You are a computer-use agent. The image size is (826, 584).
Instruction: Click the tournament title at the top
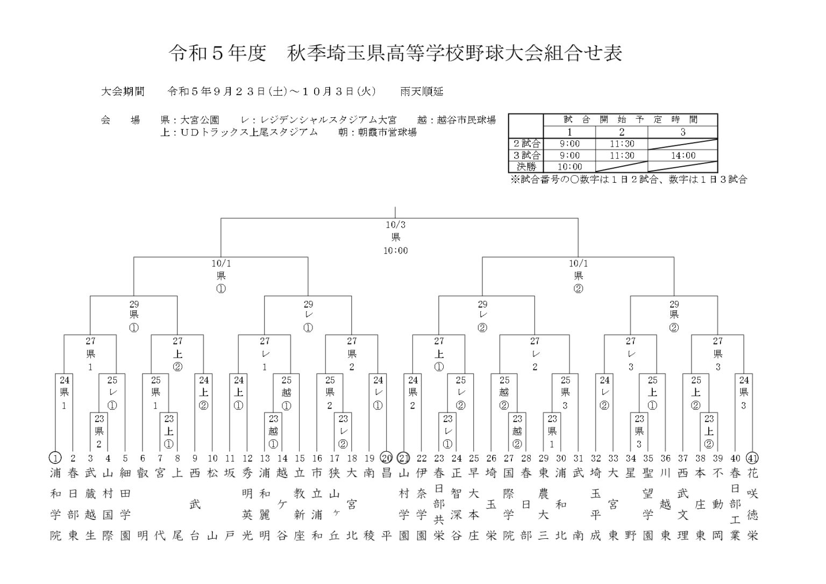pos(395,53)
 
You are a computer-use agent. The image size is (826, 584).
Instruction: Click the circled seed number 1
pos(55,458)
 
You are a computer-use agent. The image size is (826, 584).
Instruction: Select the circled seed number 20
pos(387,458)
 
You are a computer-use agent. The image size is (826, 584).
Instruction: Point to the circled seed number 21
pos(404,458)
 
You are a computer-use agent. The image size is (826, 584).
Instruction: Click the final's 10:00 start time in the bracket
pos(395,250)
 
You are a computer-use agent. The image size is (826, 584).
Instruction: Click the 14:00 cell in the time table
pos(682,155)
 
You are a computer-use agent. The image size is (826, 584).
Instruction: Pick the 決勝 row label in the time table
pos(525,167)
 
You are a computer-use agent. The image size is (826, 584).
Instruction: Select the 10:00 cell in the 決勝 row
pos(569,167)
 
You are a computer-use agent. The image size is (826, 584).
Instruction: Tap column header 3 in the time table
pos(682,132)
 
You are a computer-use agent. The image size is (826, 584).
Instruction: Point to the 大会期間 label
pos(123,91)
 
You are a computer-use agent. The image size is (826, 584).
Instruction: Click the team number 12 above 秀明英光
pos(247,458)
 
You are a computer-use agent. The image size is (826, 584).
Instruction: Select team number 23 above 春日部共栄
pos(439,458)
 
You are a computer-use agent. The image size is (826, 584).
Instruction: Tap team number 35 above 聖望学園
pos(648,458)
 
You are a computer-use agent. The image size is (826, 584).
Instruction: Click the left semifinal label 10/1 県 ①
pos(220,276)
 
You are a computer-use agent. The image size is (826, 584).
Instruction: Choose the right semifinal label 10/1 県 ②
pos(578,276)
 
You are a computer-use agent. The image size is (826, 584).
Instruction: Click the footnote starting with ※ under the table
pos(628,180)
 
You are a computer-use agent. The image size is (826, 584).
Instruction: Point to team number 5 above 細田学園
pos(125,458)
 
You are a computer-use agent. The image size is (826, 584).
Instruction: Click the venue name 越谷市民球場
pos(466,120)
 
